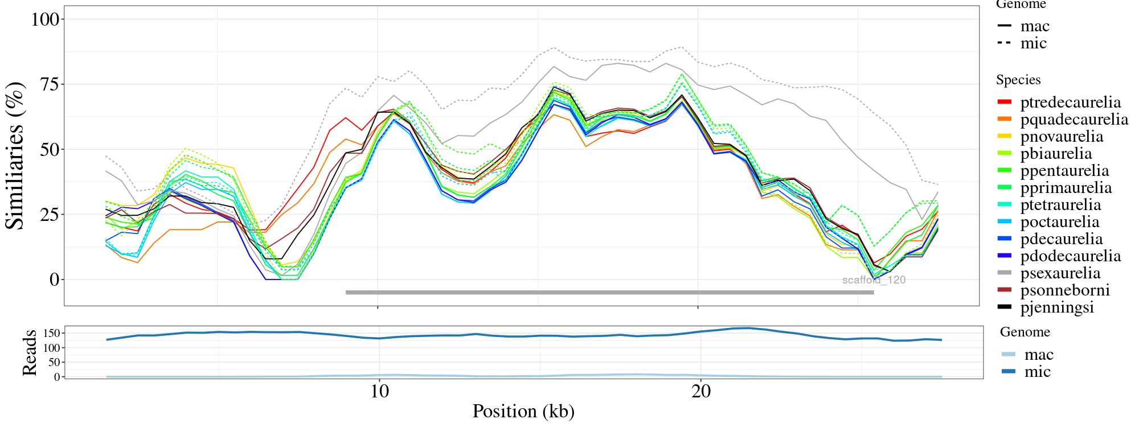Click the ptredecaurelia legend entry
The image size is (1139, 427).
coord(1070,102)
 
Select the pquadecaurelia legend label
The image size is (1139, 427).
coord(1074,120)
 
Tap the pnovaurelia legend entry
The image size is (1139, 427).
coord(1062,137)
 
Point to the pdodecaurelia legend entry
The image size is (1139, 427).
coord(1070,256)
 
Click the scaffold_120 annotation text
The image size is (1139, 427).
coord(874,280)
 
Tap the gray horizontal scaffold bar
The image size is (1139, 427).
coord(609,293)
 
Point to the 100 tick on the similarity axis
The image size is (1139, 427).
coord(46,19)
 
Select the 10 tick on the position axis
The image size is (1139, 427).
coord(378,393)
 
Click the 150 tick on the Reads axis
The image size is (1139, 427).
coord(50,332)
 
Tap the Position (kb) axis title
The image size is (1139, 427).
coord(523,411)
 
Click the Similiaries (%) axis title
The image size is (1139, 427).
coord(16,155)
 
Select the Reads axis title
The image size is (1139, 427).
coord(30,352)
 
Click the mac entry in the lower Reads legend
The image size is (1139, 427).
coord(1038,355)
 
